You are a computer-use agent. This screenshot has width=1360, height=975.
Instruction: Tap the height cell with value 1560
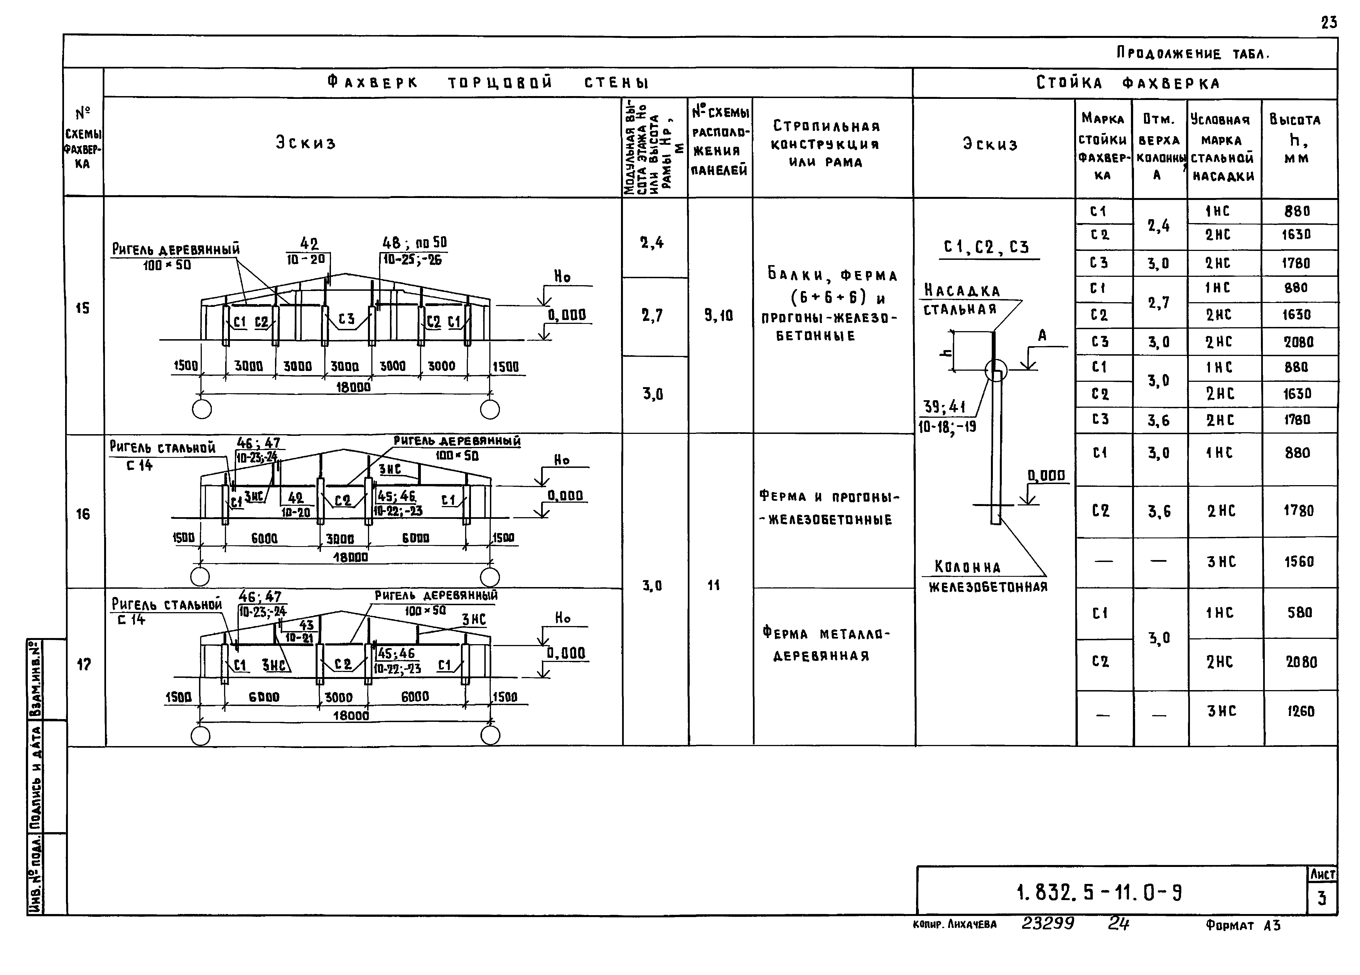pyautogui.click(x=1299, y=562)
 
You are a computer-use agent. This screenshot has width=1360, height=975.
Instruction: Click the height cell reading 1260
pyautogui.click(x=1300, y=711)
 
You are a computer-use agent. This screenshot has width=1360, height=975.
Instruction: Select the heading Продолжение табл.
pyautogui.click(x=1193, y=53)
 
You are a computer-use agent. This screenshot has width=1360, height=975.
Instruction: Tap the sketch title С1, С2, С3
pyautogui.click(x=986, y=247)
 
